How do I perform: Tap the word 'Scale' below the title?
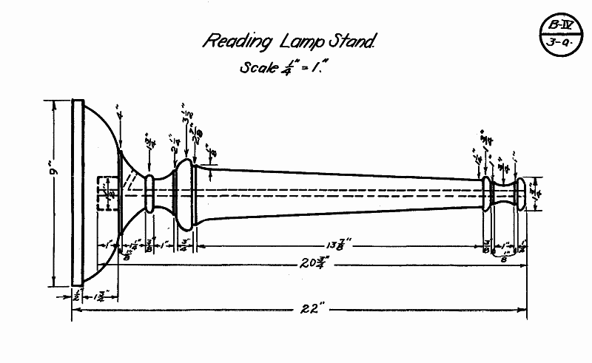pos(258,67)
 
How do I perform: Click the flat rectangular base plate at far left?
pos(77,192)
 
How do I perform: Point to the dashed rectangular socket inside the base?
pos(108,194)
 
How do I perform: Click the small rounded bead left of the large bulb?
pos(149,194)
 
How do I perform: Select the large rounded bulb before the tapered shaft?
pos(185,194)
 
